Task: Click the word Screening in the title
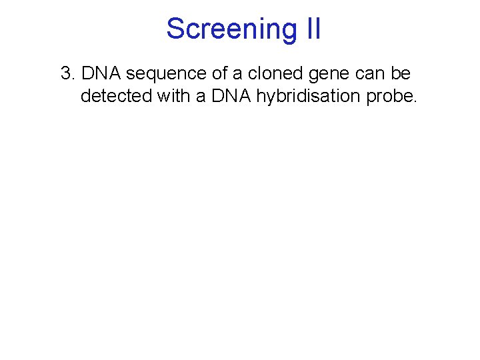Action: click(226, 29)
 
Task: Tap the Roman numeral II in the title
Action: click(311, 29)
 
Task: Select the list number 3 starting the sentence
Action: click(66, 74)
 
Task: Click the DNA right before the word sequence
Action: click(99, 74)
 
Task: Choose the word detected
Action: click(116, 96)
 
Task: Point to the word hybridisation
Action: click(309, 97)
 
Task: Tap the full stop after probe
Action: click(415, 102)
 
